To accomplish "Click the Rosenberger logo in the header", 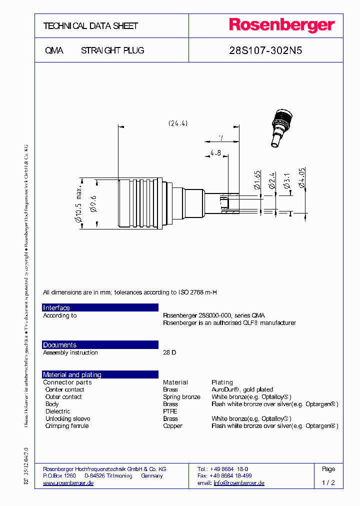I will [x=281, y=25].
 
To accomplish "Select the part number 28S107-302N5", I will [x=265, y=50].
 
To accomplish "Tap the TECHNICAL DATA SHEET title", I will [x=90, y=26].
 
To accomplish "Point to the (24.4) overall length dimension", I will [x=178, y=123].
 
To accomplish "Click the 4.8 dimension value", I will [x=215, y=152].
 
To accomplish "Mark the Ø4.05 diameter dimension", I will [x=302, y=178].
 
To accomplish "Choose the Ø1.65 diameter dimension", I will [x=257, y=180].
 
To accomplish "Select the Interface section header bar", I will [x=100, y=307].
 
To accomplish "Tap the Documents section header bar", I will [x=100, y=344].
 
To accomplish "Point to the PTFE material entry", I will [x=170, y=411].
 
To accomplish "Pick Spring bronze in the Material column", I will [x=181, y=397].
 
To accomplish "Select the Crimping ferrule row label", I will [x=67, y=426].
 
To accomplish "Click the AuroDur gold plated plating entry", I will [x=242, y=389].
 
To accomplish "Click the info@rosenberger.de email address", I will [x=239, y=483].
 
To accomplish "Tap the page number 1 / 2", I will [x=328, y=483].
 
